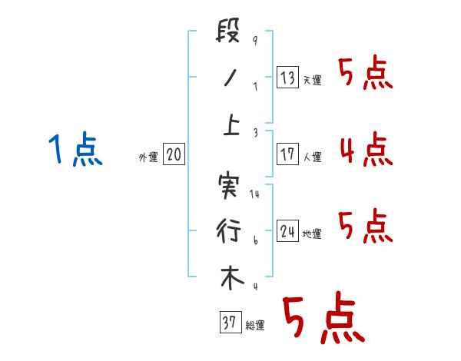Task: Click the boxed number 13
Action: coord(287,78)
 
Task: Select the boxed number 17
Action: coord(287,154)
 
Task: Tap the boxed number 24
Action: coord(287,231)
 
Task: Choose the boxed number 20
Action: coord(174,155)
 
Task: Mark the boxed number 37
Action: coord(228,323)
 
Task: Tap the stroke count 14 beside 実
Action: coord(255,194)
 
